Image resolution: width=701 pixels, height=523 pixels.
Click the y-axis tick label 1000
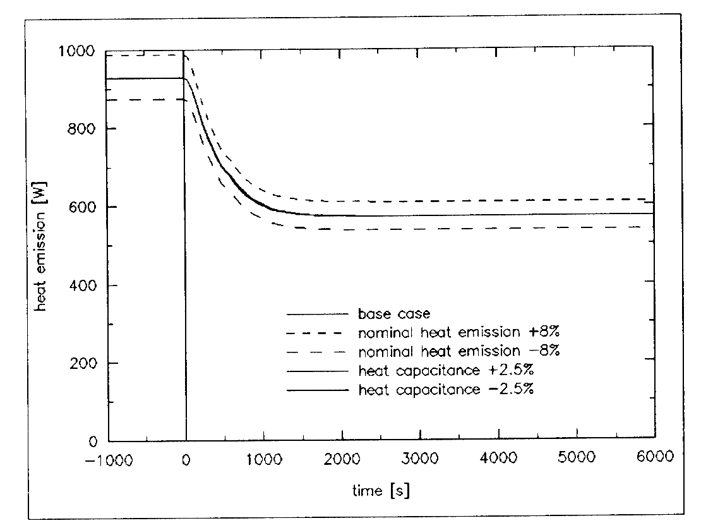pyautogui.click(x=83, y=51)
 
